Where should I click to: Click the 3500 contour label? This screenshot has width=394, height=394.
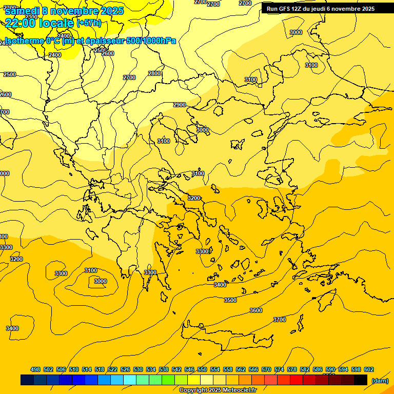230,300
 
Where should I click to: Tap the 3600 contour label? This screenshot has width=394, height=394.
256,310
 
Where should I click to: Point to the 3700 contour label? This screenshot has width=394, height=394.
280,320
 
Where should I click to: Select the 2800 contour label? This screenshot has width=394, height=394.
154,73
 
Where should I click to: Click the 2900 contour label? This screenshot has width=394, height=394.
180,105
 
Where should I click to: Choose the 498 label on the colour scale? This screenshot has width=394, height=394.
35,369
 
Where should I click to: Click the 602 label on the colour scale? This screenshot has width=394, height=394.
369,369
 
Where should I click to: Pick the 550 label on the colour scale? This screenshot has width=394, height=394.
202,369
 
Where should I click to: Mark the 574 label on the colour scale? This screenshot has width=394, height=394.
279,369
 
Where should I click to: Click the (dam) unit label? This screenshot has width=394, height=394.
380,380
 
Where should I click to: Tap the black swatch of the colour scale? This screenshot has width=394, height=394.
361,380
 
